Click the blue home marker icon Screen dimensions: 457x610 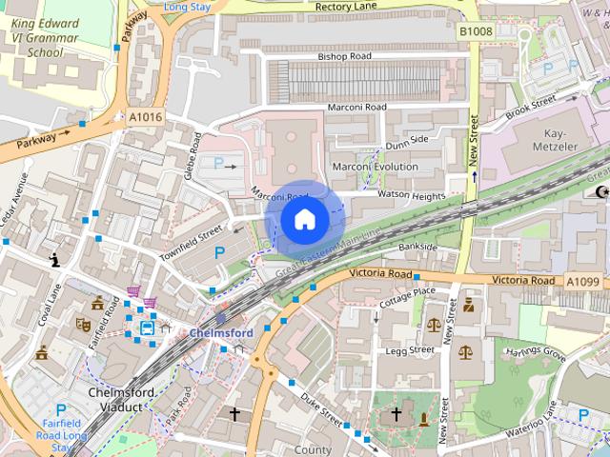(x=303, y=219)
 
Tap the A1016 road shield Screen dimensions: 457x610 (x=145, y=116)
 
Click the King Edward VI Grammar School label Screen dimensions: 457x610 (x=51, y=35)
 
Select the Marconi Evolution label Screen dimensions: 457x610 (x=375, y=167)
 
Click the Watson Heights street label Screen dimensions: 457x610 (x=412, y=196)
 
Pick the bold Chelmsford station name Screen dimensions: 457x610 (x=220, y=333)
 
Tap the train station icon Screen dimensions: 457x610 (x=149, y=328)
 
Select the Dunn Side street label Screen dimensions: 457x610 (x=407, y=140)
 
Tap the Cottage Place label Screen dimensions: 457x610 (x=407, y=291)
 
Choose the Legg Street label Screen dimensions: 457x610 (x=408, y=350)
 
